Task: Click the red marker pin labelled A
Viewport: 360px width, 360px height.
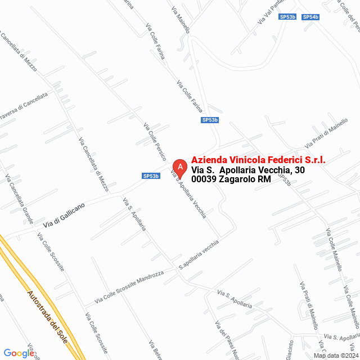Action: tap(179, 167)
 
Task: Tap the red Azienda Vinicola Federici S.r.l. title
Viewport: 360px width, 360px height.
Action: tap(258, 159)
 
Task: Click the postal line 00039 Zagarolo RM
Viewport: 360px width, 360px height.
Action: tap(231, 179)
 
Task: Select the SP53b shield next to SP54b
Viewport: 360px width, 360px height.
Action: tap(287, 17)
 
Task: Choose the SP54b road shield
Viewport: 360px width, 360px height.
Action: tap(310, 17)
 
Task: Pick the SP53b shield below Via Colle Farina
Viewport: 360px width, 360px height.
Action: tap(210, 120)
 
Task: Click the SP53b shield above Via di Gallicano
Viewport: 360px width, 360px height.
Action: tap(151, 176)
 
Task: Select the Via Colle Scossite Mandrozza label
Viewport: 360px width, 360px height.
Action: tap(129, 286)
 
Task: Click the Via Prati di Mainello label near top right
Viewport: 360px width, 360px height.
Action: tap(326, 135)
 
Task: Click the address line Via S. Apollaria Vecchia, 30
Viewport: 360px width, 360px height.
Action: tap(248, 170)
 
